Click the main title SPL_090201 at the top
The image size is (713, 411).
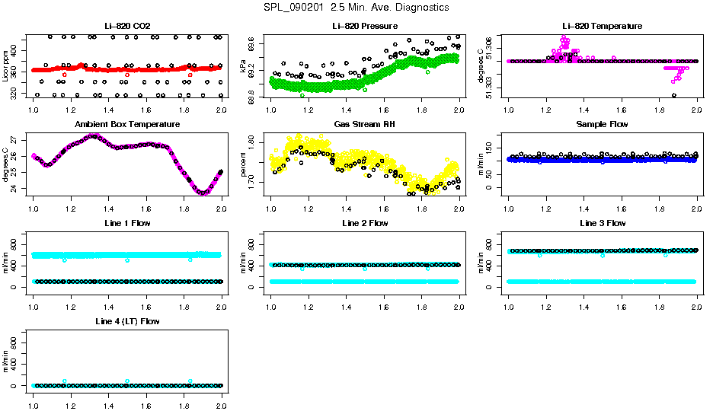tap(356, 8)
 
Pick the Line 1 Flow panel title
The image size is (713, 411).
tap(128, 223)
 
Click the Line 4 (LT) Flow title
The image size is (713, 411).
tap(128, 321)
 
